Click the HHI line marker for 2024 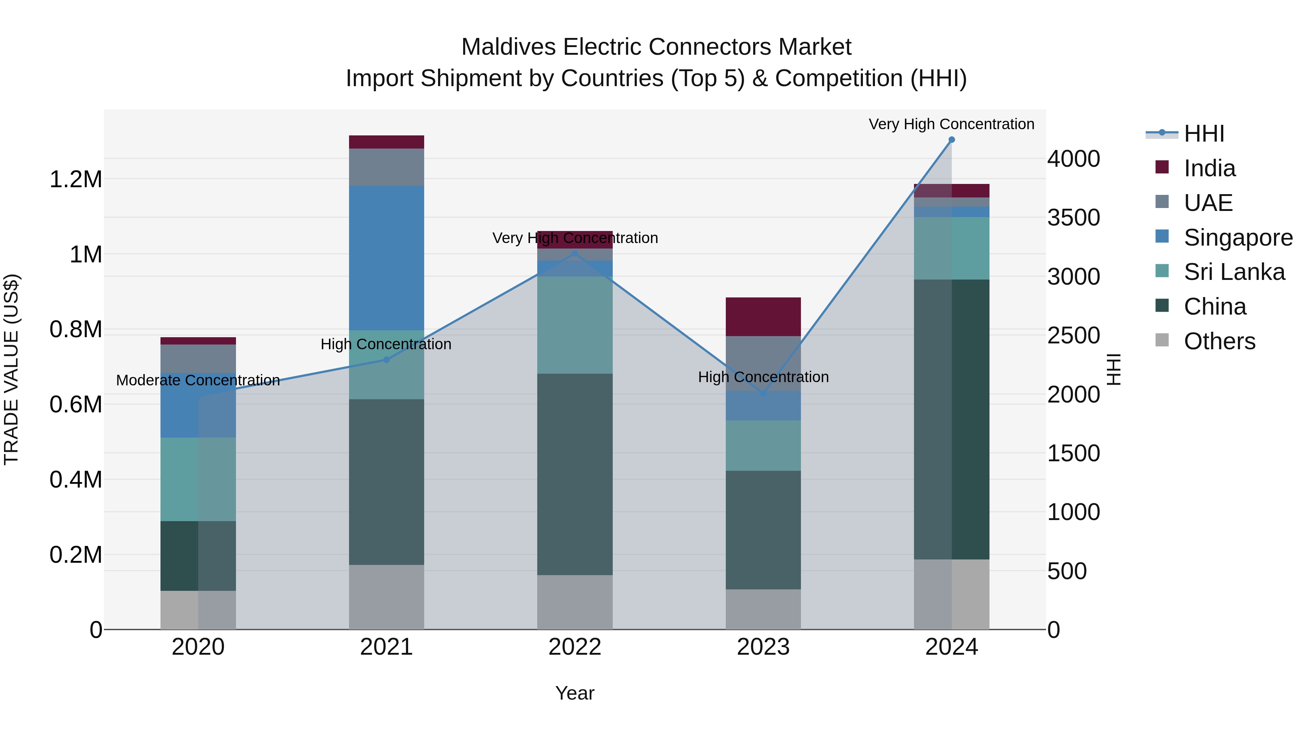[x=951, y=140]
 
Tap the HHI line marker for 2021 [x=386, y=359]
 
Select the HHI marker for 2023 [x=763, y=393]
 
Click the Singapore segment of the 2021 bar [x=386, y=258]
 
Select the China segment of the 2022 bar [x=574, y=474]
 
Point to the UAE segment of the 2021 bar [x=386, y=167]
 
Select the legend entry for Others [x=1219, y=341]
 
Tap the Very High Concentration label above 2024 [x=951, y=124]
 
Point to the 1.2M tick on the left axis [x=75, y=180]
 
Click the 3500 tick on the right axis [x=1073, y=218]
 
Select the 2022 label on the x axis [x=574, y=647]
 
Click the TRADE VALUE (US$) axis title [x=11, y=369]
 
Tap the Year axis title [x=574, y=693]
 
